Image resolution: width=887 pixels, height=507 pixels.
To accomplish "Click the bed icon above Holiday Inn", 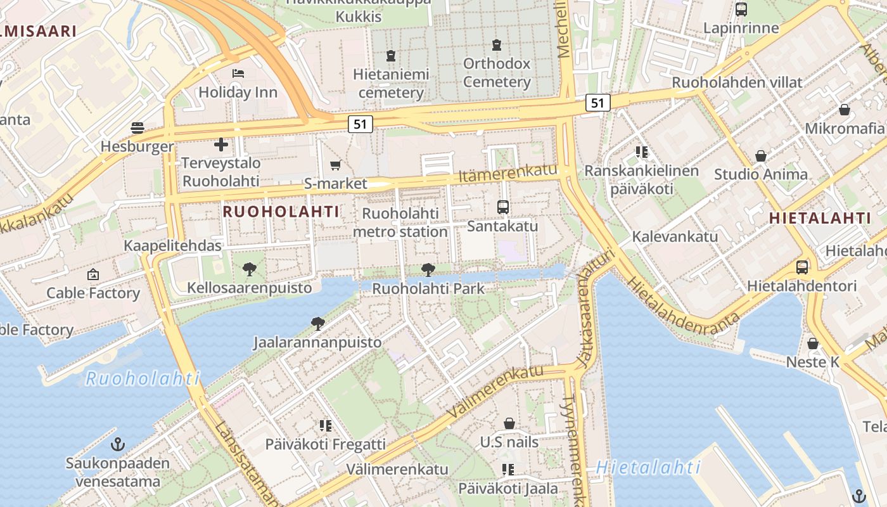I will tap(238, 74).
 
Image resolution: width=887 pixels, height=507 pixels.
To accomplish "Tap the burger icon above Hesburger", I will tap(137, 128).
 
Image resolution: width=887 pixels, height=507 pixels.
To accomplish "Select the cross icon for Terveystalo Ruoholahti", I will tap(220, 145).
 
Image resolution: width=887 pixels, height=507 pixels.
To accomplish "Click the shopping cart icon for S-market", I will tap(335, 165).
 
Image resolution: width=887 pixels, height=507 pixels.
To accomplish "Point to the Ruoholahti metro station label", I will tap(400, 222).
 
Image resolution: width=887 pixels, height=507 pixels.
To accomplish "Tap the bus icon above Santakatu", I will tap(502, 207).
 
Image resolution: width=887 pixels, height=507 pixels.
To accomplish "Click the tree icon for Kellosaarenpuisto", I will tap(250, 269).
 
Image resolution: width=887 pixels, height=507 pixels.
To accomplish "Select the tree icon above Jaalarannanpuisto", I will tap(318, 324).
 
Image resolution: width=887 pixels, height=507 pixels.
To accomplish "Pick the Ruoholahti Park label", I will tap(428, 289).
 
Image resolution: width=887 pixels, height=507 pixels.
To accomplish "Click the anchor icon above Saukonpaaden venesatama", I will tap(117, 444).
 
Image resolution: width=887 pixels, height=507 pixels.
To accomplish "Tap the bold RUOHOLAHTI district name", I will tap(281, 212).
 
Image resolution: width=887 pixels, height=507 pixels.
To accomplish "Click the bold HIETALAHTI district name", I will tap(820, 219).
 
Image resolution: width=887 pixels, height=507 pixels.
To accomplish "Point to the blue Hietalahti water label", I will tap(648, 468).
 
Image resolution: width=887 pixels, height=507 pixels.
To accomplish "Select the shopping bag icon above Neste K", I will tap(813, 343).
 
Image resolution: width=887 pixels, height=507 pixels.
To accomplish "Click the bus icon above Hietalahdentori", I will tap(802, 267).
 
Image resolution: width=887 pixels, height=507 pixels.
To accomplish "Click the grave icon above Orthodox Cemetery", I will tap(497, 46).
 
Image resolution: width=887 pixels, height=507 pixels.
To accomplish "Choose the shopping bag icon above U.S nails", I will tap(509, 423).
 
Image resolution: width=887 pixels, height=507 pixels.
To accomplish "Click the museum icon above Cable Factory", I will tap(93, 274).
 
